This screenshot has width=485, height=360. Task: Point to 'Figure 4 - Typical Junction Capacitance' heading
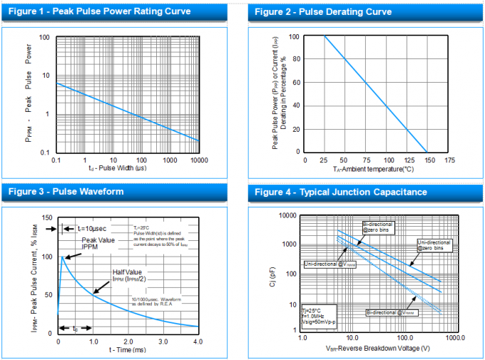coord(341,192)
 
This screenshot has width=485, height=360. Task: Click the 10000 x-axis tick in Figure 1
coord(198,160)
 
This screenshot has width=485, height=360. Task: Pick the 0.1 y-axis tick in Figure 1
coord(44,153)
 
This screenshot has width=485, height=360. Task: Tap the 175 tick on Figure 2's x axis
coord(449,160)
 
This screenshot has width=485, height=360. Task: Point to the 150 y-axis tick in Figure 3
coord(47,217)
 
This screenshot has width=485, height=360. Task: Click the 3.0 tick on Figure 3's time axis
coord(163,341)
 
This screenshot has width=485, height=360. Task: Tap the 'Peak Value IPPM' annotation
coord(98,243)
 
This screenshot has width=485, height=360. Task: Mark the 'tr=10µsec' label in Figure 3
coord(76,228)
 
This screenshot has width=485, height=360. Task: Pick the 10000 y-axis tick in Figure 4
coord(287,215)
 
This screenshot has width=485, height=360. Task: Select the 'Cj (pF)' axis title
coord(272,272)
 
